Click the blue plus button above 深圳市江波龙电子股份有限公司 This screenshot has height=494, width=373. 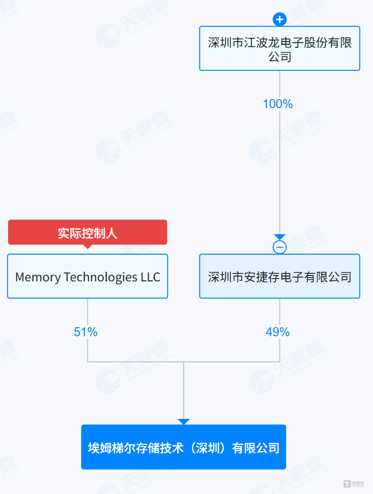pos(280,20)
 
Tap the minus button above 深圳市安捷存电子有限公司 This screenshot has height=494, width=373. pos(280,247)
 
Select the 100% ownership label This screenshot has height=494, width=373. pos(277,104)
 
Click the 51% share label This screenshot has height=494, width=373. pos(85,332)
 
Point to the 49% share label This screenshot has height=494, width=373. pos(277,332)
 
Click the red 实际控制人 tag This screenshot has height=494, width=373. pos(88,232)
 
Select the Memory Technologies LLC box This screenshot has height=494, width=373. pos(88,276)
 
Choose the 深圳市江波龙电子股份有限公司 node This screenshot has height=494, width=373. pos(280,48)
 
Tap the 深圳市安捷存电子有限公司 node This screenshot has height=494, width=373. pos(280,276)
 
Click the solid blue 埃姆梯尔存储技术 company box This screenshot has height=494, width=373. pos(184,447)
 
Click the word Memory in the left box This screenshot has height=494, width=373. pos(38,277)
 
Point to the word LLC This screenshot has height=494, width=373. pos(150,277)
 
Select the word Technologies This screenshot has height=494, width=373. pos(101,278)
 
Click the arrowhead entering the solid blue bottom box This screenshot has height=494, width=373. pos(184,422)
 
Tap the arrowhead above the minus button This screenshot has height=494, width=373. pos(280,237)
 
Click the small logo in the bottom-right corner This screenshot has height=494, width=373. pos(354,483)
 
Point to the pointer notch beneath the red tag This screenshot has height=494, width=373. pos(88,247)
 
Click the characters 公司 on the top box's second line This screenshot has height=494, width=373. pos(280,57)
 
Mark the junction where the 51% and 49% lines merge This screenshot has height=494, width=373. pos(184,362)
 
